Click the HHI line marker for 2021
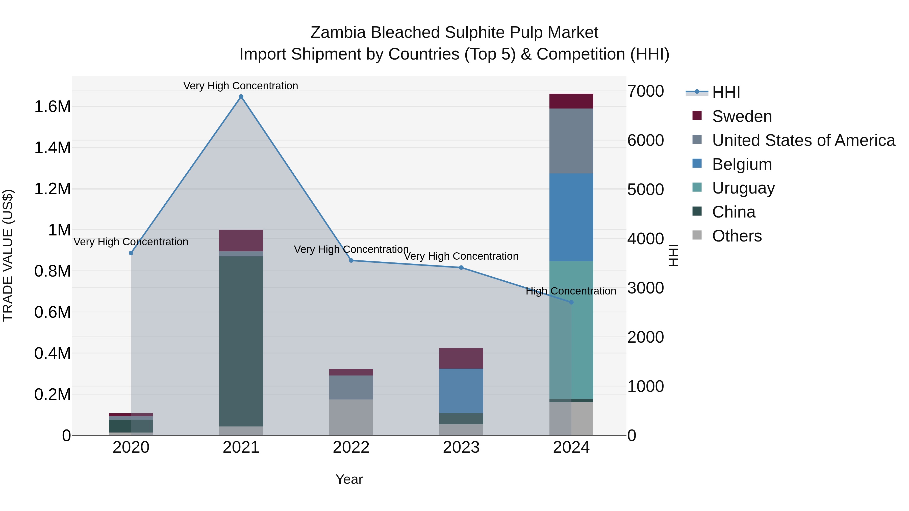tap(241, 97)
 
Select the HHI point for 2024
tap(571, 302)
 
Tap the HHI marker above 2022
tap(351, 261)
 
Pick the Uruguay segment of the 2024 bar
tap(571, 330)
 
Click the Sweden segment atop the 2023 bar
tap(461, 358)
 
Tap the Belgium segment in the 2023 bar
tap(461, 391)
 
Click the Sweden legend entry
tap(741, 116)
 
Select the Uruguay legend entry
tap(743, 188)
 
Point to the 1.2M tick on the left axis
tap(53, 189)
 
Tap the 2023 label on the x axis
tap(461, 447)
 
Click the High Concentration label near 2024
tap(571, 291)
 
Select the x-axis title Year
tap(349, 479)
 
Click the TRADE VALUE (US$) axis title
tap(8, 255)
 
